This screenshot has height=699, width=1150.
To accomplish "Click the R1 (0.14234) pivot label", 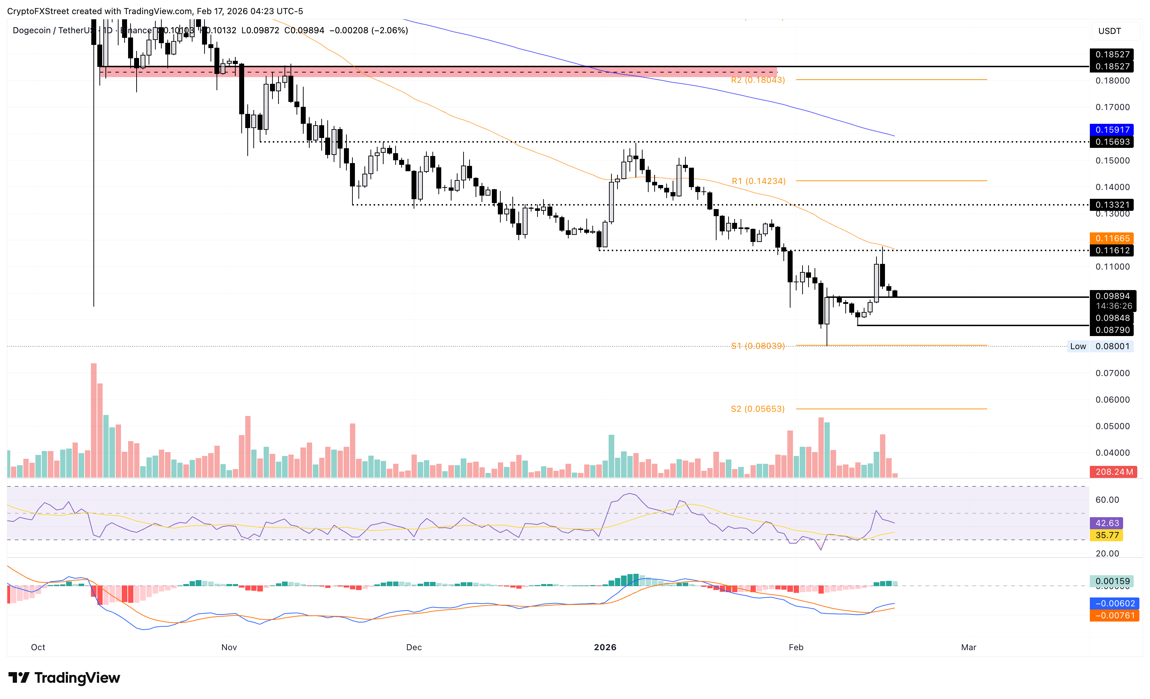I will click(758, 181).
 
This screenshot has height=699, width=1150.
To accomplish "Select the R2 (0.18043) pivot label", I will click(758, 80).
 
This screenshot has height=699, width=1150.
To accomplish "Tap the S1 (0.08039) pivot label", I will click(758, 346).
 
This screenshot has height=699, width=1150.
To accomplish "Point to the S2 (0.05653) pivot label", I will click(758, 409).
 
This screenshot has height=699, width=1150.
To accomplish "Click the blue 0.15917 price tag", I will click(1112, 130).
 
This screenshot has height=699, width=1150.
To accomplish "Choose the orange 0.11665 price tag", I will click(1112, 238).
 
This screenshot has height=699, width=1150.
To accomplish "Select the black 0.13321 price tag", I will click(1112, 205).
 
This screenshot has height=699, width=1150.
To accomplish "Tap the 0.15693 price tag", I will click(1112, 142).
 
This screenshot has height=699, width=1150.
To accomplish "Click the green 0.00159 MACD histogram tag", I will click(1112, 582).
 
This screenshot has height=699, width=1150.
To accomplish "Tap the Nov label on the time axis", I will click(229, 647).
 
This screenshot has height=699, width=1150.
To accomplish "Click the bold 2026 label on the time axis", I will click(605, 647).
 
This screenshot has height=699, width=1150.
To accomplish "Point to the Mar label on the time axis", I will click(968, 647).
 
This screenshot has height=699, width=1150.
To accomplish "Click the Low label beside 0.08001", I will click(1078, 346).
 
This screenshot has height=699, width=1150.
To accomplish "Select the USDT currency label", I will click(1109, 31).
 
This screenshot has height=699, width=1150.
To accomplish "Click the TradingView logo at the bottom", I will click(64, 677).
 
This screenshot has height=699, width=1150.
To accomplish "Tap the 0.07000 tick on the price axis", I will click(1112, 373).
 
